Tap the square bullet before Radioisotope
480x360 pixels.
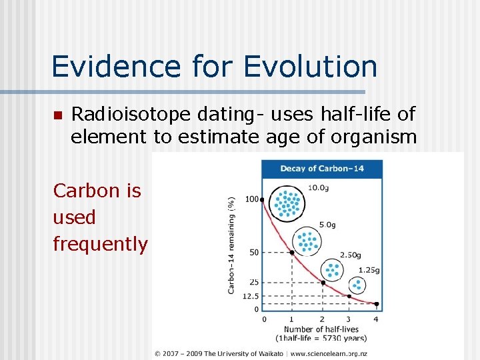pyautogui.click(x=57, y=116)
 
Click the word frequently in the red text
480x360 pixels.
pyautogui.click(x=100, y=244)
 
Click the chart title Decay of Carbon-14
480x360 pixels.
pyautogui.click(x=322, y=169)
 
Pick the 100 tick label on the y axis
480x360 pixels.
pyautogui.click(x=251, y=199)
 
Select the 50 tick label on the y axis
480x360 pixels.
pyautogui.click(x=253, y=253)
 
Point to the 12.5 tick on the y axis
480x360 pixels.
pyautogui.click(x=251, y=296)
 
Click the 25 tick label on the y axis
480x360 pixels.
pyautogui.click(x=253, y=283)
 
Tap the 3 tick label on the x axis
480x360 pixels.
pyautogui.click(x=349, y=319)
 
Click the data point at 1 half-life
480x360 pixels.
pyautogui.click(x=292, y=253)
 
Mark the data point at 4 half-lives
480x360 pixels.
pyautogui.click(x=377, y=304)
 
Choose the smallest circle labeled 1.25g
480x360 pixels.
pyautogui.click(x=357, y=285)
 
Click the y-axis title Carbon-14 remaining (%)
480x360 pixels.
pyautogui.click(x=231, y=245)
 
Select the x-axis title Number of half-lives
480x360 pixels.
pyautogui.click(x=321, y=329)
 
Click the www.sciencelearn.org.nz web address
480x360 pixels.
pyautogui.click(x=329, y=353)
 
